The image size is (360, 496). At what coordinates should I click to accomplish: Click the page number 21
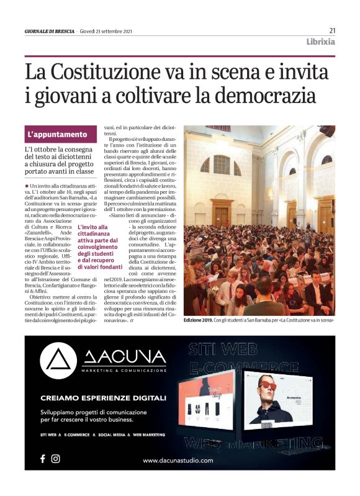332,30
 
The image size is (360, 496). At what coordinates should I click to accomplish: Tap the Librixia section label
320,42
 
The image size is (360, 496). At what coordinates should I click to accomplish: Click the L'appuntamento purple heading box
61,134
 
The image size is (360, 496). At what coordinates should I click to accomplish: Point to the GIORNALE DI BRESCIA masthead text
49,31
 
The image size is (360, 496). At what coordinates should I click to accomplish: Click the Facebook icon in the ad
43,459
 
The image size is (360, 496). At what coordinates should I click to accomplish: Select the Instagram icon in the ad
55,459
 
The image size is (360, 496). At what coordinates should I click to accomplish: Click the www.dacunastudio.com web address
178,460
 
